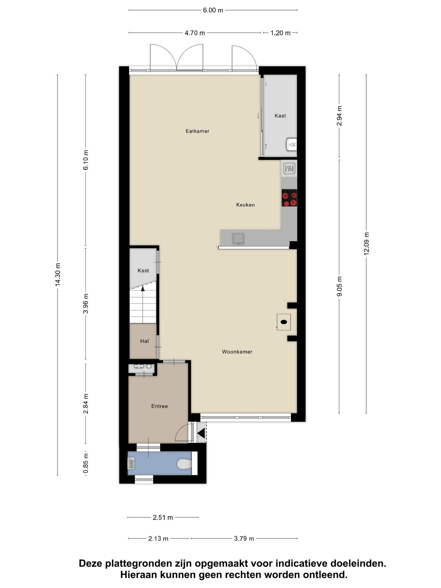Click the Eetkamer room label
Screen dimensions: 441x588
(197, 131)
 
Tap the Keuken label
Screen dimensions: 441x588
(245, 205)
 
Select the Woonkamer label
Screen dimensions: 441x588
(237, 352)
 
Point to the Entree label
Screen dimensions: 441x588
(160, 406)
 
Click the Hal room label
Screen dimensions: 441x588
(144, 341)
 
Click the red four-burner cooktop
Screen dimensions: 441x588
(289, 198)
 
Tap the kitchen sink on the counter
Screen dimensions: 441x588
(238, 239)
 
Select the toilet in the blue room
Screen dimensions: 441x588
(184, 464)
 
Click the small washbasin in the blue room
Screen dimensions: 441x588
(131, 463)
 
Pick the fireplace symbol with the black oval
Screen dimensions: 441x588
(284, 322)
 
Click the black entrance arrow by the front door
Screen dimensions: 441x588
(201, 433)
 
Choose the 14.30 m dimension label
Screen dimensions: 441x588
(58, 274)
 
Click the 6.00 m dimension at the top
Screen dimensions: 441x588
(213, 10)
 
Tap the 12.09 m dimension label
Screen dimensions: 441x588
(366, 243)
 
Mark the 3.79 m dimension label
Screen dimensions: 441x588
(244, 539)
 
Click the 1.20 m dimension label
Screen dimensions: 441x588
(281, 33)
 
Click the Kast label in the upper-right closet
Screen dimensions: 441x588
(280, 116)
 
